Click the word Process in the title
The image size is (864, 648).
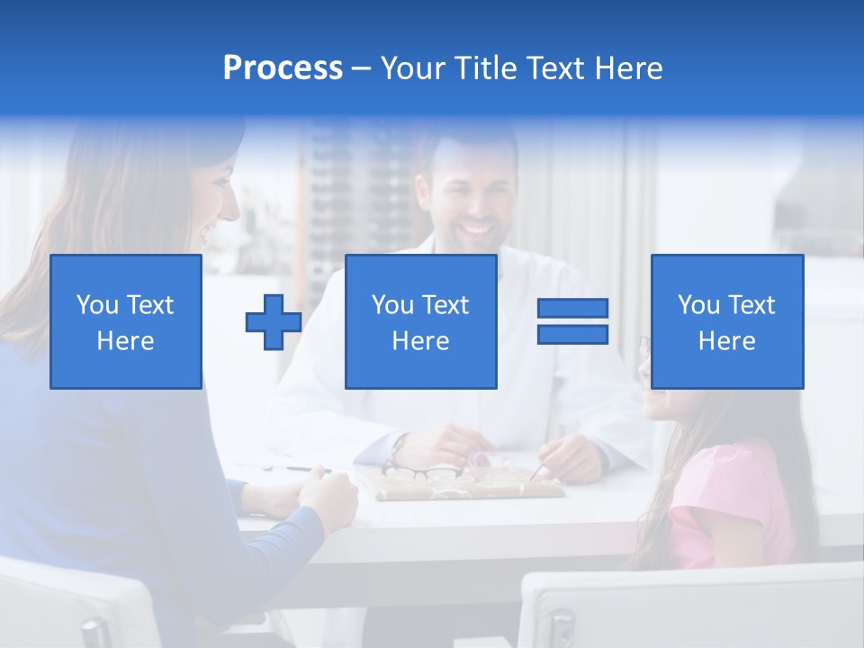[283, 68]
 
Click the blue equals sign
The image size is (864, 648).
[572, 321]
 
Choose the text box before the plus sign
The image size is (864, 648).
[126, 322]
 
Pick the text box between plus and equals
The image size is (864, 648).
[420, 322]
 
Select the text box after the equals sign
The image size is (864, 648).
[726, 322]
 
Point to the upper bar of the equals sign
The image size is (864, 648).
[572, 309]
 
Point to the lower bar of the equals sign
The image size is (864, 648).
[572, 334]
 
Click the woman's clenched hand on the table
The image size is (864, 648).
[329, 491]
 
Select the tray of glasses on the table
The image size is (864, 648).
[468, 481]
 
